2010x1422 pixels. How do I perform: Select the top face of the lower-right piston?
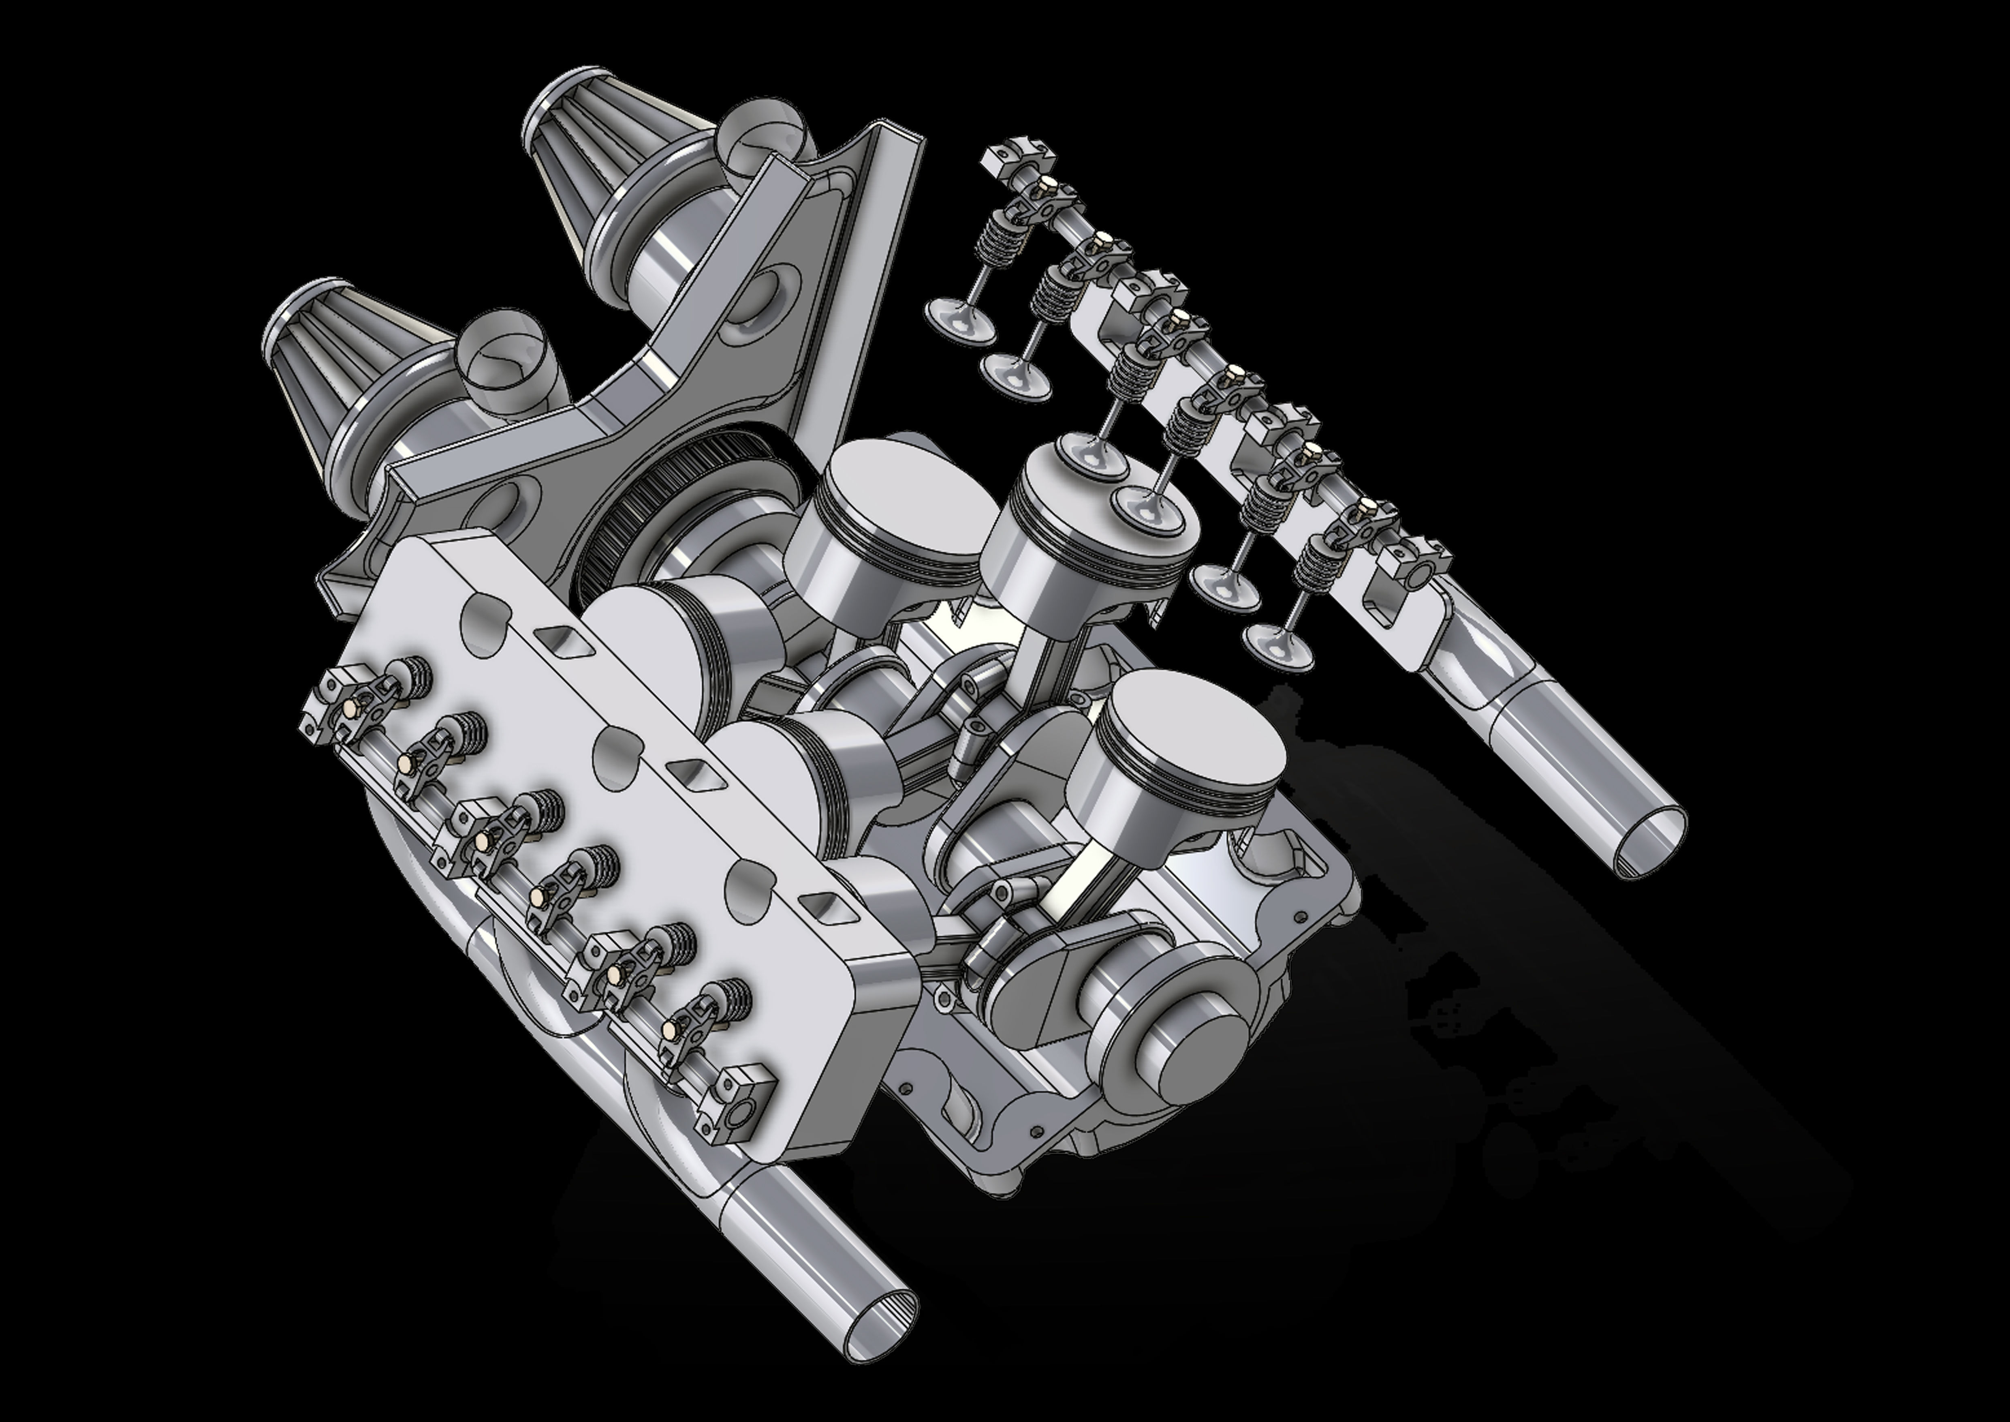(x=1195, y=735)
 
